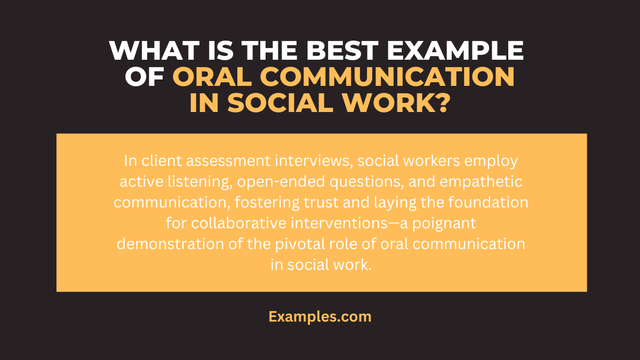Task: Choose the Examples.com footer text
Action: pos(320,317)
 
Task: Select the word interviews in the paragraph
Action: pos(281,162)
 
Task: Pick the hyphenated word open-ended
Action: pos(263,182)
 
